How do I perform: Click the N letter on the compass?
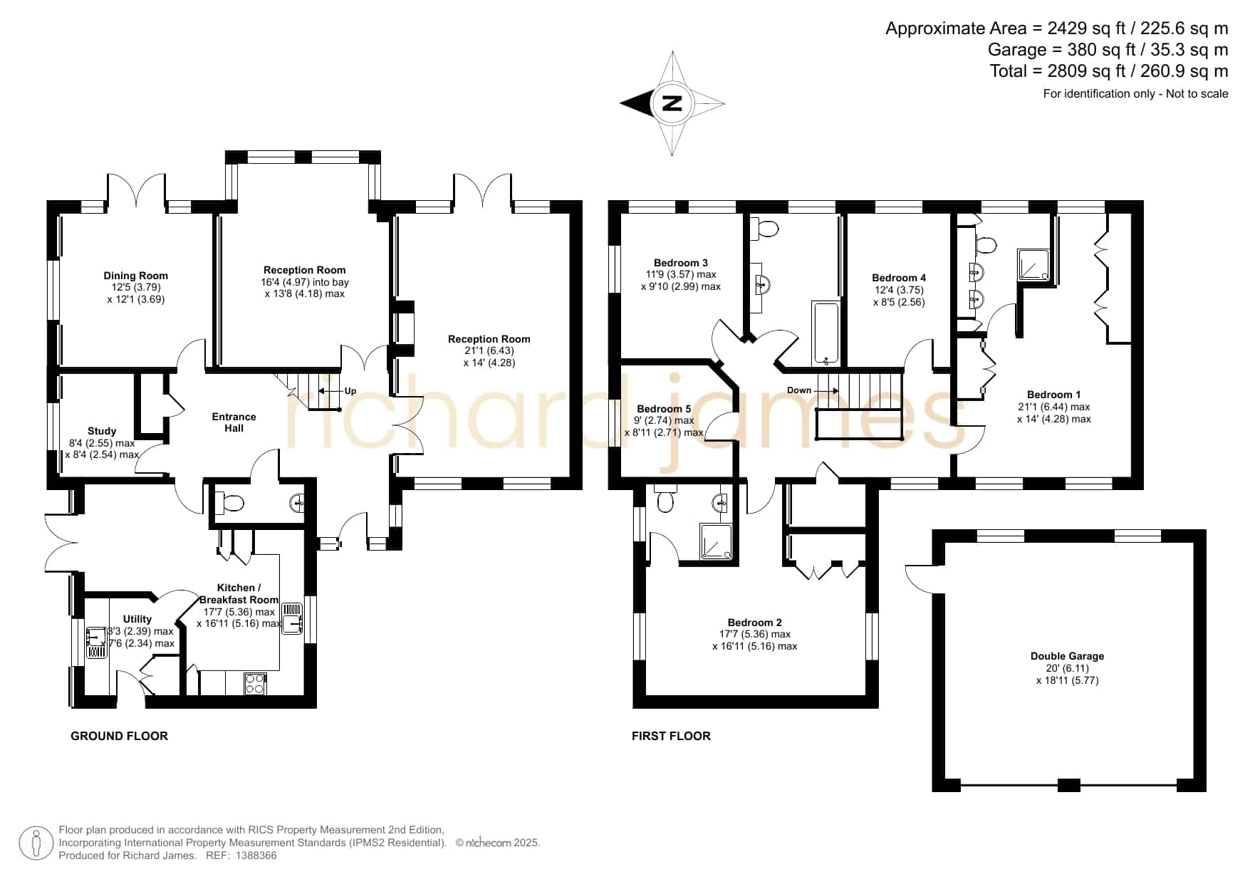[x=672, y=103]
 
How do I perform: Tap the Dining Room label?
[x=136, y=276]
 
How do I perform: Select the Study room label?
[x=102, y=431]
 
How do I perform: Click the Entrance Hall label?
[x=234, y=422]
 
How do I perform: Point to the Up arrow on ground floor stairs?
[x=330, y=391]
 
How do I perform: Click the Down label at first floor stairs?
[x=799, y=390]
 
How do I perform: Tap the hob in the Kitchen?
[x=255, y=684]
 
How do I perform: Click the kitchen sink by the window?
[x=293, y=618]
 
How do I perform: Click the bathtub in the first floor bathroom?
[x=826, y=333]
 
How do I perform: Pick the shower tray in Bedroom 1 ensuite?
[x=1033, y=265]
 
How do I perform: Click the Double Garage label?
[x=1067, y=656]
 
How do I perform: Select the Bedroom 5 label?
[x=664, y=409]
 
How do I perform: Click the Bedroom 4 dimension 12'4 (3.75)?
[x=899, y=290]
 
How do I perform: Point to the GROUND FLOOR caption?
[x=119, y=736]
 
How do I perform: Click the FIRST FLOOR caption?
[x=671, y=736]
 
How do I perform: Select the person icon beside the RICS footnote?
[x=36, y=843]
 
